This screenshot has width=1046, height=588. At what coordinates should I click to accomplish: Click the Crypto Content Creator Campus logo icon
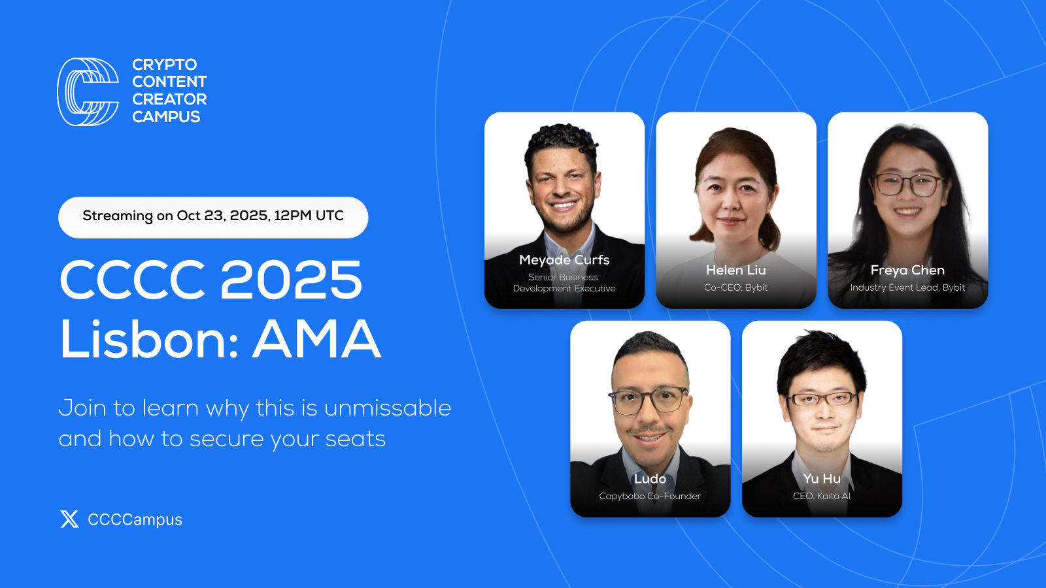click(x=88, y=91)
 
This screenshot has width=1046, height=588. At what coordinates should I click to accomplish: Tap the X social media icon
click(x=69, y=519)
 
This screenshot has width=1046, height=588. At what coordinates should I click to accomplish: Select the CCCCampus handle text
click(x=135, y=519)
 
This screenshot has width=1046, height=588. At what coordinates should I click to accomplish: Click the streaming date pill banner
click(x=213, y=217)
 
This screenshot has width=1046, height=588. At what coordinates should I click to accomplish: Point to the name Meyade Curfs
click(x=564, y=260)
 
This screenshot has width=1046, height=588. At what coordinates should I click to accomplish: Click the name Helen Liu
click(x=735, y=270)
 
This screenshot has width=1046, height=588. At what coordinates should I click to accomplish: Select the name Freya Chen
click(x=907, y=270)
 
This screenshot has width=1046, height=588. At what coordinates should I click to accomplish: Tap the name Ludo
click(x=650, y=478)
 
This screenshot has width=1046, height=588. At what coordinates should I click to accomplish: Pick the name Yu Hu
click(x=822, y=478)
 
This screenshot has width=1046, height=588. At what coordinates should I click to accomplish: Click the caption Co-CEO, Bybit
click(x=735, y=287)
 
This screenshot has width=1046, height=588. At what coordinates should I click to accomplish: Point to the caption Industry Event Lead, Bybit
click(x=907, y=287)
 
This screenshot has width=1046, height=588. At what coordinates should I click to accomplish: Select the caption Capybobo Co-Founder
click(x=650, y=496)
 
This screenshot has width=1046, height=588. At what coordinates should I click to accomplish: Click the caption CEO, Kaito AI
click(x=822, y=496)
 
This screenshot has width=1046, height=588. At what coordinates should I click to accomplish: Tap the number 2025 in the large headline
click(x=291, y=280)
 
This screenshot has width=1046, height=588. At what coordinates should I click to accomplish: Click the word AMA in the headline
click(x=316, y=340)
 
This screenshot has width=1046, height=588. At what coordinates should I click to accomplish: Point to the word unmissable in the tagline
click(x=387, y=408)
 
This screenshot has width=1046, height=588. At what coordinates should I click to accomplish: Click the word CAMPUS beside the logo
click(x=166, y=117)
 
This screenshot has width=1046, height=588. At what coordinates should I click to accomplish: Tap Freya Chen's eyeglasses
click(x=907, y=184)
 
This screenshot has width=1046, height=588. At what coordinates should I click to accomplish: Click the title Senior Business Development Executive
click(x=564, y=283)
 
